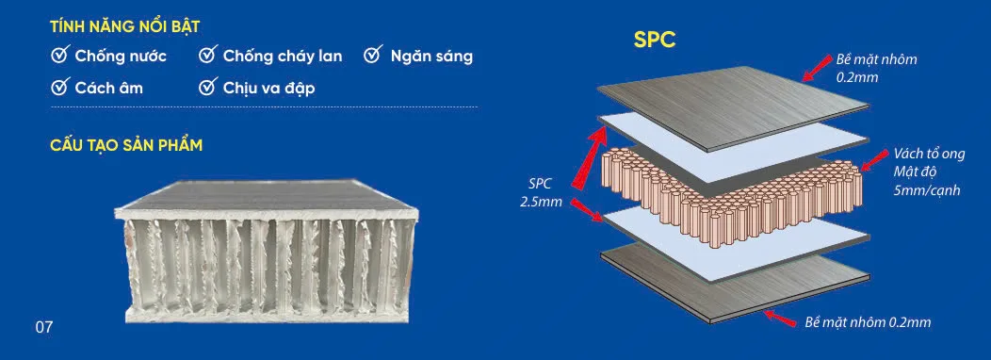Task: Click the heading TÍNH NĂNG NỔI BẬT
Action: [x=125, y=26]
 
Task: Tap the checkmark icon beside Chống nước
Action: [x=59, y=55]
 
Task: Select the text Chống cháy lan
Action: [x=283, y=57]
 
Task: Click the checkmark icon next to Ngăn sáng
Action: [x=374, y=55]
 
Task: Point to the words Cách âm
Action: [x=108, y=88]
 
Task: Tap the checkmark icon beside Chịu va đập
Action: [x=208, y=87]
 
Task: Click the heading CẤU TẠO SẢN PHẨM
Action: [x=126, y=145]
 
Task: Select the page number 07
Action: [x=44, y=328]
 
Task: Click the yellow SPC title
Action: [x=655, y=40]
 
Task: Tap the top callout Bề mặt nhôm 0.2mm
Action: [x=876, y=68]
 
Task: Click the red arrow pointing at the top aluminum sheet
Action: [x=817, y=68]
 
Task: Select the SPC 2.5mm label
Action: [x=540, y=193]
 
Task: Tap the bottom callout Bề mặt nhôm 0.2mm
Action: [x=868, y=322]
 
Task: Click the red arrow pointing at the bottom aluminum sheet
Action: [x=780, y=318]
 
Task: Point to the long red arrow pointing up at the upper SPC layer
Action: [x=588, y=155]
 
